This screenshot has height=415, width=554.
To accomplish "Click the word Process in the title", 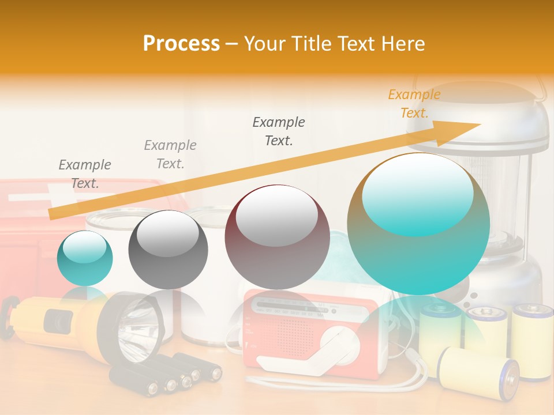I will tap(181, 43).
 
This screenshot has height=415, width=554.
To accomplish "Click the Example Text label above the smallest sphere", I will tap(85, 174).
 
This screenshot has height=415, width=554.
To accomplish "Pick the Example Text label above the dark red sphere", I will tap(279, 131).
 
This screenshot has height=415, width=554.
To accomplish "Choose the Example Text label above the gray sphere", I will tap(170, 154).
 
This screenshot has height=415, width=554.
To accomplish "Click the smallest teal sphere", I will tap(85, 258).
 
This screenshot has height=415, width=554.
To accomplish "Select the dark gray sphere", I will tap(168, 249).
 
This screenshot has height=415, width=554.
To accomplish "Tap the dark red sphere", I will tap(277, 237).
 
